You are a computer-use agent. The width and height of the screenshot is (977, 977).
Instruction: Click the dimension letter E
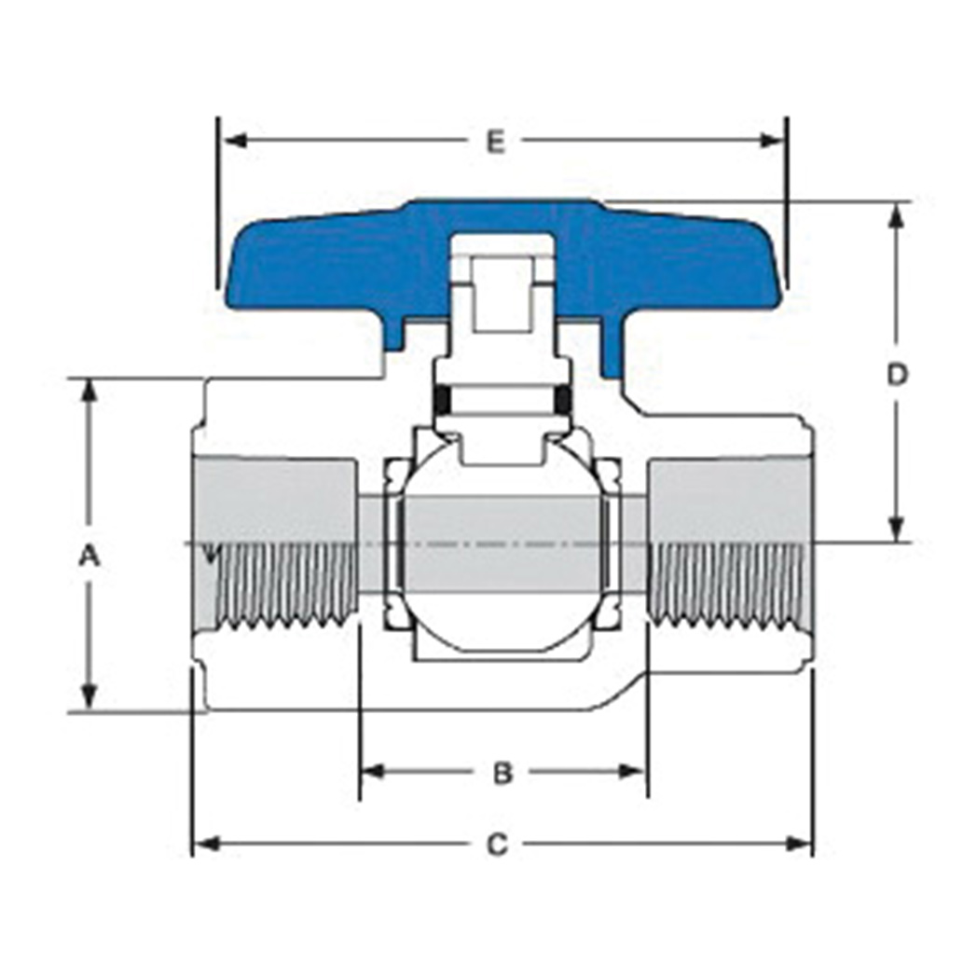(495, 142)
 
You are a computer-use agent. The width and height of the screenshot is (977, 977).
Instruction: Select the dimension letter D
(897, 375)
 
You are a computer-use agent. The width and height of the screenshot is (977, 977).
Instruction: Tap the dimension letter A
(89, 556)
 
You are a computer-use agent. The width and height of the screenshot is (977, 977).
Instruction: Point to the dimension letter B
(502, 773)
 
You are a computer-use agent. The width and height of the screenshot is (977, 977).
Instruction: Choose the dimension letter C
(497, 846)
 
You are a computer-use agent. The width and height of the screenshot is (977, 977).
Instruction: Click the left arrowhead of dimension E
(235, 141)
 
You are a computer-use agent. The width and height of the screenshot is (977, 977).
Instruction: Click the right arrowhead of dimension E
(771, 141)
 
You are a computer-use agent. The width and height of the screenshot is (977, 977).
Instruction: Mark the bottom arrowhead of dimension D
(897, 529)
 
